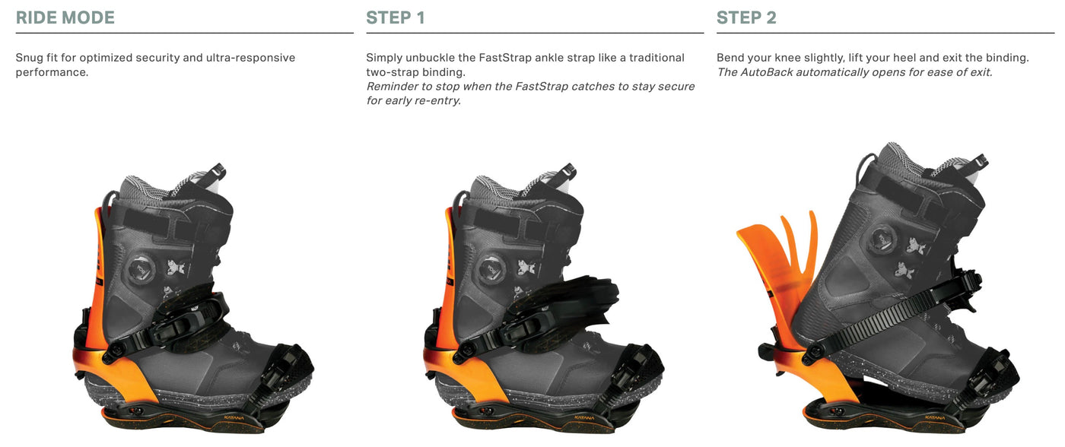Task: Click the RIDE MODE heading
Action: tap(65, 17)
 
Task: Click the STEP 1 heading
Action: tap(395, 17)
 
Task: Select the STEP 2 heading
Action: tap(746, 17)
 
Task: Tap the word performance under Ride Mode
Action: tap(52, 73)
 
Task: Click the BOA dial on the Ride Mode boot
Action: tap(141, 269)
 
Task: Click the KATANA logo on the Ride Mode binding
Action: tap(234, 418)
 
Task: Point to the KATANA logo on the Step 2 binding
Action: tap(934, 418)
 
